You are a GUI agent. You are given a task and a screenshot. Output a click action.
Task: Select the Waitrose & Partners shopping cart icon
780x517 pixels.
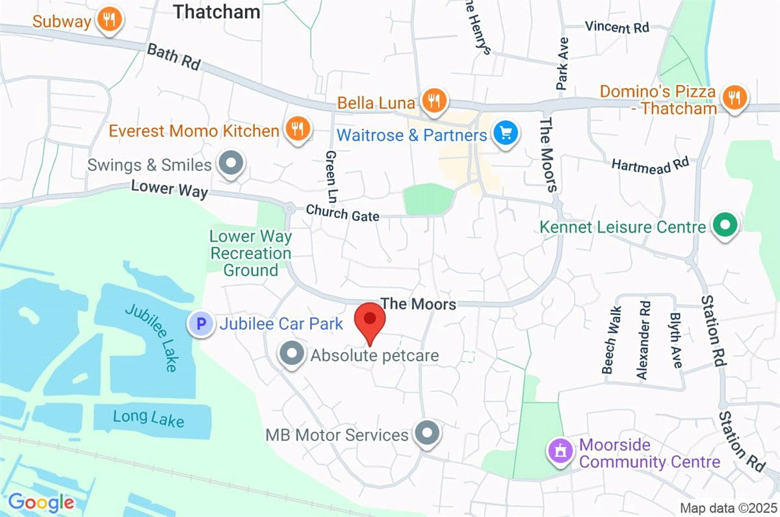point(504,134)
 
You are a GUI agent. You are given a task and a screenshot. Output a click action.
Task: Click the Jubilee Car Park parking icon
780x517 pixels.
point(201,323)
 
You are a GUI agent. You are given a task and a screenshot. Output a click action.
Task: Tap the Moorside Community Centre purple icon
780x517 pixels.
point(560,449)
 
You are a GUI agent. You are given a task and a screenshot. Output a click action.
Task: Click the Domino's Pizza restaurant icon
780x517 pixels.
point(734,97)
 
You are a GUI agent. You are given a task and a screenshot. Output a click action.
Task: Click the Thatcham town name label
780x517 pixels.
point(217,11)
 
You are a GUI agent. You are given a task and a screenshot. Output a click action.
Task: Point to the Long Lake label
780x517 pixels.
point(148,418)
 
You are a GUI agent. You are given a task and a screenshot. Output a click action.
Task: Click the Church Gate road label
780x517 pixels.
point(342,213)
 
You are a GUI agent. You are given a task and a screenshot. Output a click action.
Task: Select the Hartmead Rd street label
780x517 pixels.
point(649,164)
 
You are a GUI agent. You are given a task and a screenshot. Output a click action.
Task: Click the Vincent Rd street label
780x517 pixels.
point(616,27)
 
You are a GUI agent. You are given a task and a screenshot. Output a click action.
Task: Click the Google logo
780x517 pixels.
point(41,502)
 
